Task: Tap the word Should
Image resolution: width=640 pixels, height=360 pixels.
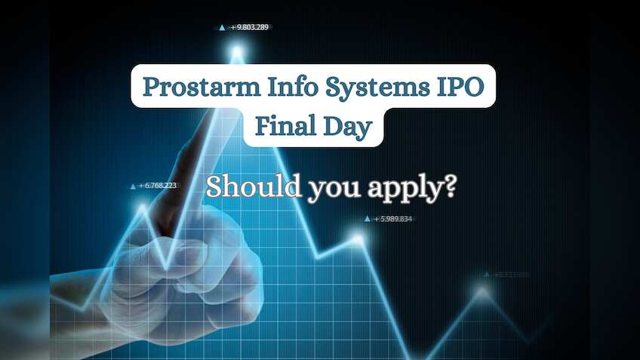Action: pyautogui.click(x=254, y=186)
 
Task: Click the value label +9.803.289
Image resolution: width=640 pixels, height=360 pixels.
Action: pyautogui.click(x=250, y=27)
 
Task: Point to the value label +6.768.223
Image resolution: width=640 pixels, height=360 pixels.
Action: pyautogui.click(x=158, y=186)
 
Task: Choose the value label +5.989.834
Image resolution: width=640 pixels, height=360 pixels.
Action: pyautogui.click(x=392, y=219)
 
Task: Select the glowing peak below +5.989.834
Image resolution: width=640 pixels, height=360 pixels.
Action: pyautogui.click(x=358, y=239)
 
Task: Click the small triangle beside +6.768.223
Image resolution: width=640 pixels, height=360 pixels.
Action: pyautogui.click(x=133, y=186)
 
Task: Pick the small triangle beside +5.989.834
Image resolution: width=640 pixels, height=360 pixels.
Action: pyautogui.click(x=368, y=219)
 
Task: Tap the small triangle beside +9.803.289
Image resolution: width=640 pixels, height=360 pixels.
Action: pyautogui.click(x=222, y=27)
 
